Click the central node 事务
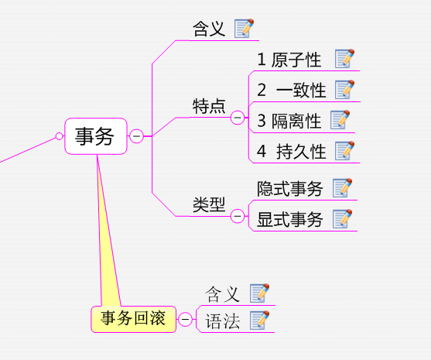(96, 136)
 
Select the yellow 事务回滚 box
(134, 319)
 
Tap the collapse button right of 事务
(136, 135)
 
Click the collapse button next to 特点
(238, 118)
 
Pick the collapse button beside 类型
(238, 216)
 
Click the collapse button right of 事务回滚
(185, 319)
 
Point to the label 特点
(209, 106)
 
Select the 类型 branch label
(209, 204)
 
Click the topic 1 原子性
(289, 60)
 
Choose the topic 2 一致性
(292, 90)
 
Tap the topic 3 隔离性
(289, 121)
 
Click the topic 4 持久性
(292, 152)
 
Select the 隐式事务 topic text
(289, 189)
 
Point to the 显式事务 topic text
(289, 219)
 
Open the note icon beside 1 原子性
(344, 59)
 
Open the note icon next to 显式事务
(342, 218)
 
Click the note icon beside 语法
(260, 320)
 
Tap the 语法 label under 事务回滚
(223, 321)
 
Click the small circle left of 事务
(59, 135)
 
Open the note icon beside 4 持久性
(344, 151)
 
